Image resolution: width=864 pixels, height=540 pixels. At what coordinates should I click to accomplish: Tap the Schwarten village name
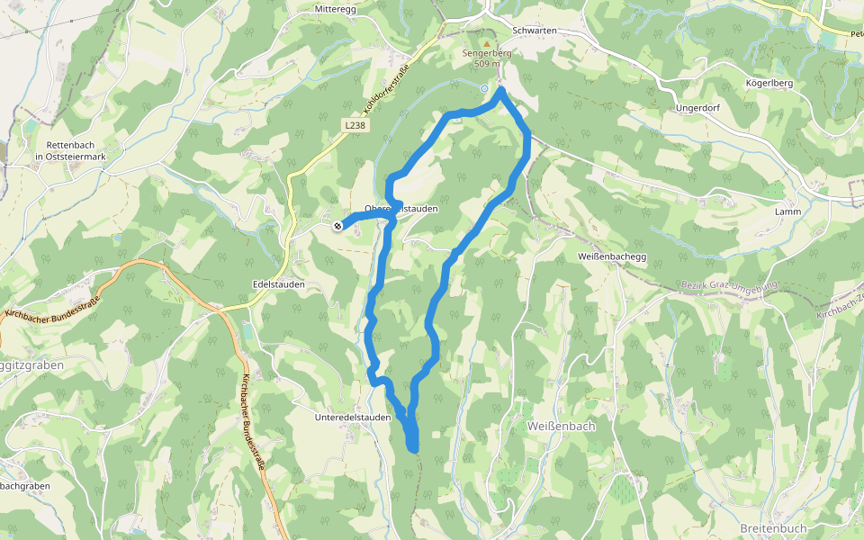532,31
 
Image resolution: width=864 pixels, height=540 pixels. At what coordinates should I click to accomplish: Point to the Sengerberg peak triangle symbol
487,42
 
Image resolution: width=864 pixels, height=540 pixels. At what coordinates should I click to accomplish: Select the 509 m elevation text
487,64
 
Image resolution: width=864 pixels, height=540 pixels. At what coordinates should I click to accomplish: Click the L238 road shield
355,125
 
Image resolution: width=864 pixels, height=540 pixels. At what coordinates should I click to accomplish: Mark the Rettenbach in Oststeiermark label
70,150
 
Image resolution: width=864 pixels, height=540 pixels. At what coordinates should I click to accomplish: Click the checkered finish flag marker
337,226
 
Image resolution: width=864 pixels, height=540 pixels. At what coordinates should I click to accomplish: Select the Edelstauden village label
278,283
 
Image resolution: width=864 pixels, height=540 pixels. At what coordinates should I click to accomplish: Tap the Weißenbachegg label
611,256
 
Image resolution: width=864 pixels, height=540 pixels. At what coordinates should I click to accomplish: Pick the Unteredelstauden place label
353,417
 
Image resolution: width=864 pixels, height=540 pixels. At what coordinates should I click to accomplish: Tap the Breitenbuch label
773,527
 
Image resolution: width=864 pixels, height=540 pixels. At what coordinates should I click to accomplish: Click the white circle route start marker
484,88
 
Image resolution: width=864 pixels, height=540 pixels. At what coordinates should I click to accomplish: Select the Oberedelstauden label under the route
401,209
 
